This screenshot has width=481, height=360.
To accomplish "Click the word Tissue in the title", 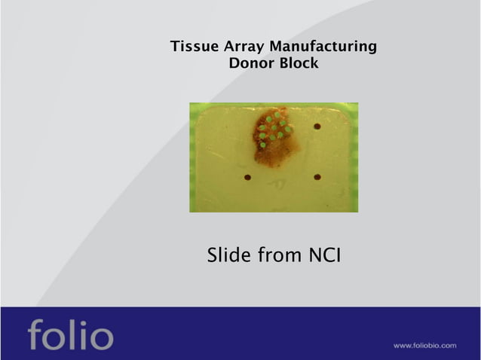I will (192, 47).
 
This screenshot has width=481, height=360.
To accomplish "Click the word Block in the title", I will (296, 64).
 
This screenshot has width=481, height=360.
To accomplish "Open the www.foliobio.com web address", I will (424, 346).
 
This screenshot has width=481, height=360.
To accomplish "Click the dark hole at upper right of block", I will (317, 127).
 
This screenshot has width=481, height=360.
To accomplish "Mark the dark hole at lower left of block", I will (247, 178).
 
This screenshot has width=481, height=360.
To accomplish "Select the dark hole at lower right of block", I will (317, 178).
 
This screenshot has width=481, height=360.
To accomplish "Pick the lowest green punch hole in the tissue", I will (262, 145).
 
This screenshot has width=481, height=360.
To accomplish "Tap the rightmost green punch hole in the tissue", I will (289, 130).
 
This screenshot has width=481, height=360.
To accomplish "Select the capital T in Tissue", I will (175, 47).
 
